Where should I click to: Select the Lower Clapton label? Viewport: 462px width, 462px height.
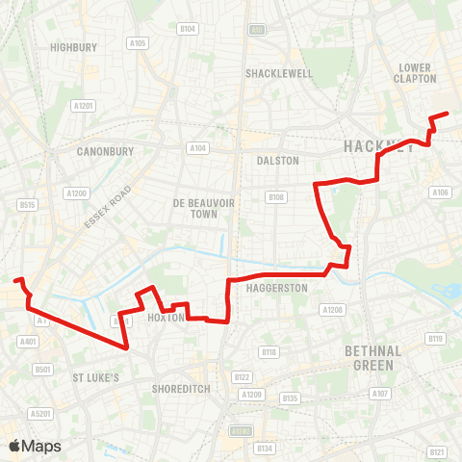click(417, 73)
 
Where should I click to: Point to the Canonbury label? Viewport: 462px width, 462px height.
click(104, 151)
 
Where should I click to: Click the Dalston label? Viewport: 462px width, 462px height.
click(279, 161)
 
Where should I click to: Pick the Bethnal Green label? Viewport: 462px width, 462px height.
click(372, 357)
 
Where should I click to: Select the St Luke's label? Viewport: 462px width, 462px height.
click(95, 378)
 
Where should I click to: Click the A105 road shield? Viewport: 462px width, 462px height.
click(138, 43)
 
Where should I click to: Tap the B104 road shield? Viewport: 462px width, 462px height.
click(188, 30)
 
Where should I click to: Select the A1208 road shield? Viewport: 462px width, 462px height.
click(332, 309)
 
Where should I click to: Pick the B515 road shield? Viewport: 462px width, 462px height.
click(27, 204)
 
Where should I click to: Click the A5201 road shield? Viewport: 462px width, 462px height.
click(40, 414)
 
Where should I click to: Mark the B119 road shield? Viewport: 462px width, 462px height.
click(435, 339)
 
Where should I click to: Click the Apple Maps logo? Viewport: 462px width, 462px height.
click(35, 446)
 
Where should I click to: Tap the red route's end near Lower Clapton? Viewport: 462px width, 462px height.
click(448, 115)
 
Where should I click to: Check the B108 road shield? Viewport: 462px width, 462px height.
click(276, 197)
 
